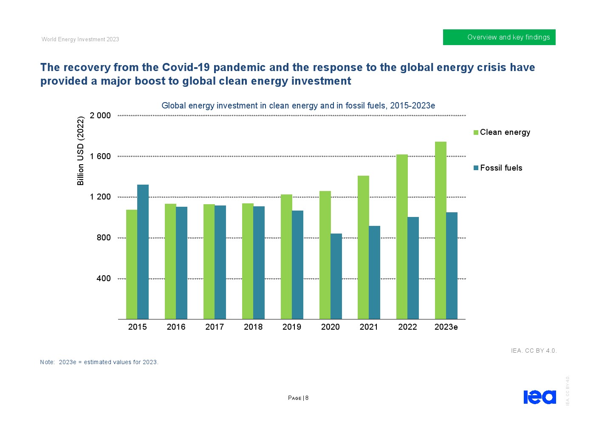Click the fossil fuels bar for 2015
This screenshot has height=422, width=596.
click(143, 252)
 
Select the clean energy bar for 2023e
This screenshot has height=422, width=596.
click(441, 230)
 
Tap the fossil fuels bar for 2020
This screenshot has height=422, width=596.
click(336, 276)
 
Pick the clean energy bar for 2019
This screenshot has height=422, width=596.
click(286, 257)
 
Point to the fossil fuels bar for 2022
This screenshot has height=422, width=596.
click(413, 268)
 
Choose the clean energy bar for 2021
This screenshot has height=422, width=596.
click(363, 247)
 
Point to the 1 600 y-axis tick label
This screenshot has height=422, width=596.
click(100, 156)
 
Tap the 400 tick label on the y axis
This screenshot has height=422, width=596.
click(104, 279)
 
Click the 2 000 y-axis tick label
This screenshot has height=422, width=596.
click(100, 115)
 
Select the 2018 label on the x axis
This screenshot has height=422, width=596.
click(253, 327)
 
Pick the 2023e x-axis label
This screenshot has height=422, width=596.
click(446, 327)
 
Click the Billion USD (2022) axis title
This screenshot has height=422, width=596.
click(81, 151)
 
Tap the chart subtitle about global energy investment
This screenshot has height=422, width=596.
click(298, 105)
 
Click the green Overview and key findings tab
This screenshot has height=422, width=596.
click(499, 37)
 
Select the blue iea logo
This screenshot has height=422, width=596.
click(540, 396)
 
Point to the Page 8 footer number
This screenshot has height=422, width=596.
click(298, 398)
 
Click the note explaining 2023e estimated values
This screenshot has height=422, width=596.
click(99, 362)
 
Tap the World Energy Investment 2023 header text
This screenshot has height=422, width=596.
click(80, 39)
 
